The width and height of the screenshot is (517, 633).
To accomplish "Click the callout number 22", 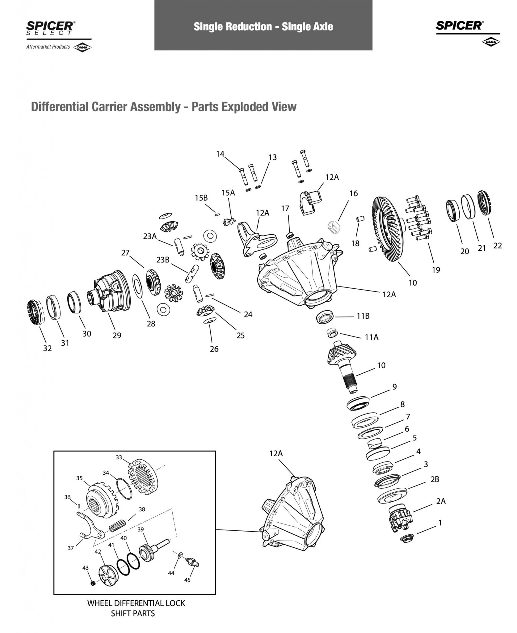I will point(498,245).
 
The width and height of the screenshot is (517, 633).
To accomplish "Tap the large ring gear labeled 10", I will point(388,230).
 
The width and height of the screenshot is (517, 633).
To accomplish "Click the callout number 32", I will point(47,348).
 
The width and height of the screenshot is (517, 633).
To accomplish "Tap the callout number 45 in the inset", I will point(187,580).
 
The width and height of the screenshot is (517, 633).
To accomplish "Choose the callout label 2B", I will point(435,479).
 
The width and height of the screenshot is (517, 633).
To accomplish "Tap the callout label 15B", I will point(201,198).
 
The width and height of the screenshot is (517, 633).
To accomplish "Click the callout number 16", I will point(353,193).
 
